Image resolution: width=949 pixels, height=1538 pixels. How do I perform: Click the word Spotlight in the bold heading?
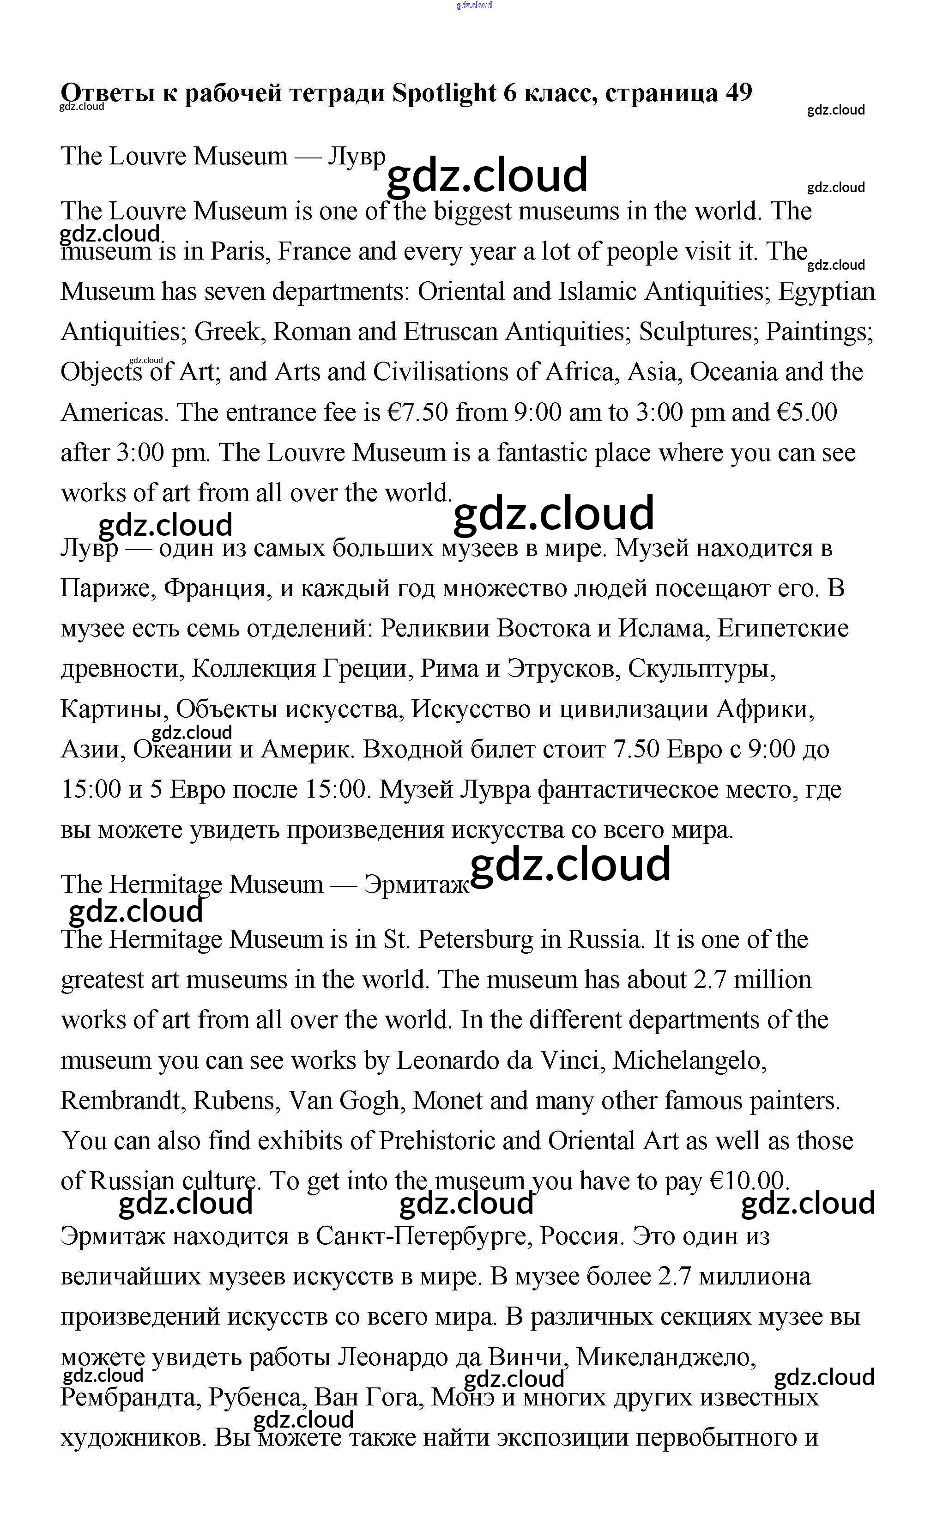tap(444, 93)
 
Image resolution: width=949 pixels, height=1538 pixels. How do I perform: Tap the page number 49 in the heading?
tap(739, 93)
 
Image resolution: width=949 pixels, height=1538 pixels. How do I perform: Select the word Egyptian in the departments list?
tap(826, 292)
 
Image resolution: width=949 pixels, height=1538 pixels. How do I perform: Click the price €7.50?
tap(417, 412)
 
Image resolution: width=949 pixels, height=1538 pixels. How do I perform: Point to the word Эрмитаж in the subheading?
tap(416, 884)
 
